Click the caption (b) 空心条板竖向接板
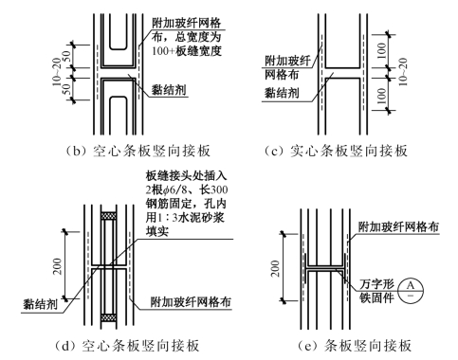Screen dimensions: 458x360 [x=138, y=151]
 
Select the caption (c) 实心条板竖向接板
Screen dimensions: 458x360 [x=337, y=151]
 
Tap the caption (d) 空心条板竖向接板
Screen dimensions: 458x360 [x=127, y=346]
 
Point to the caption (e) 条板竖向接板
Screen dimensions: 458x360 [x=355, y=346]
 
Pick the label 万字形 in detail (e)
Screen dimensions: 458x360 [x=376, y=284]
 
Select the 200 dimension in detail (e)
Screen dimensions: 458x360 [x=276, y=268]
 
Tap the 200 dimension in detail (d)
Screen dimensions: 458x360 [x=58, y=266]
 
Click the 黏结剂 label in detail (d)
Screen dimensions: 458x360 [x=40, y=305]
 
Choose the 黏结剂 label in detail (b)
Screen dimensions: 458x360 [x=169, y=90]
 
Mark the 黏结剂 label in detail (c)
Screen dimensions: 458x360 [x=282, y=93]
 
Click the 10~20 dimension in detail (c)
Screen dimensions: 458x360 [x=403, y=72]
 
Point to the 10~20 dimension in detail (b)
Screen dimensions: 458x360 [x=56, y=72]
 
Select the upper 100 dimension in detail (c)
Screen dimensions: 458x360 [x=382, y=50]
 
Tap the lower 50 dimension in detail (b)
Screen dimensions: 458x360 [x=66, y=89]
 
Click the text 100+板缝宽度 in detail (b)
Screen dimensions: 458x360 [x=187, y=51]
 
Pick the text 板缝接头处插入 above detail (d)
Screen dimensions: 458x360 [x=186, y=176]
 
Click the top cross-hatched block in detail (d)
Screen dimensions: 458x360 [x=108, y=215]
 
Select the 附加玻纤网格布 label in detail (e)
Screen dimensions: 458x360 [x=398, y=226]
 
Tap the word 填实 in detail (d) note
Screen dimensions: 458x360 [x=157, y=231]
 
